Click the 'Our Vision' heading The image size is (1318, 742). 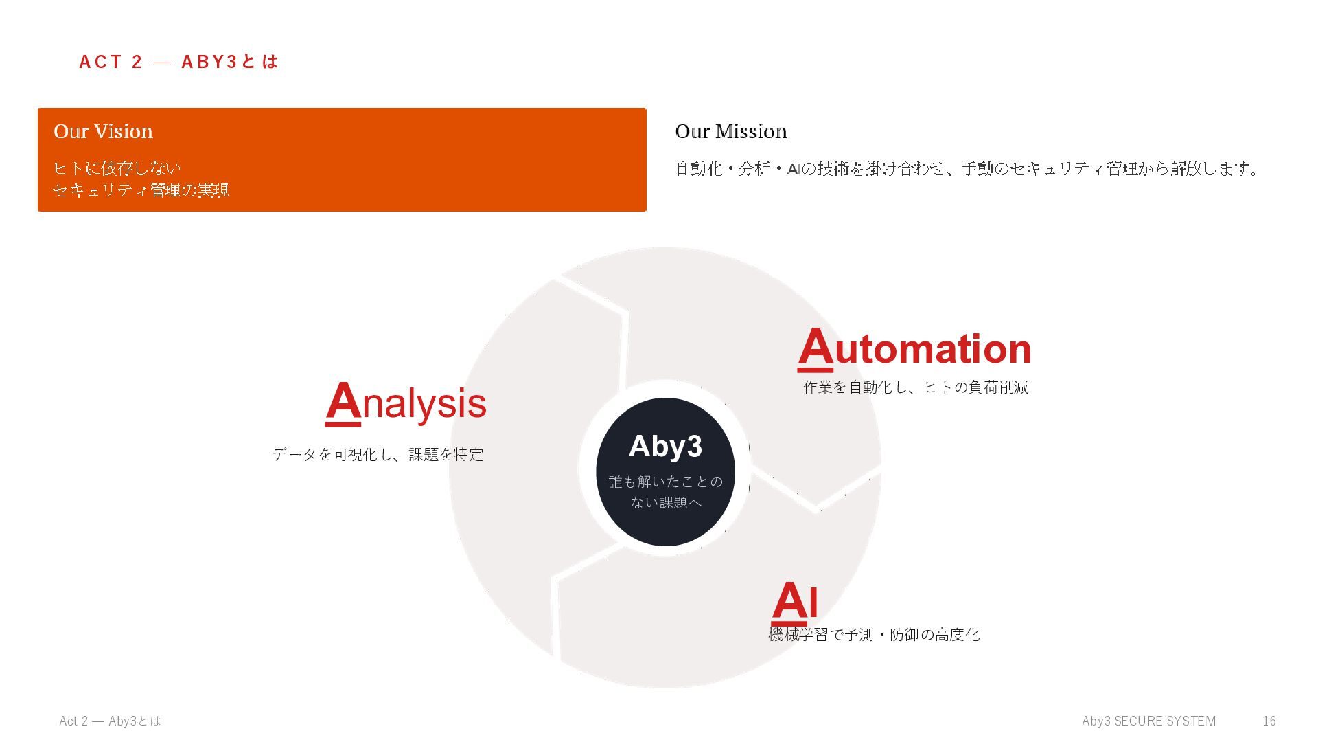click(x=103, y=131)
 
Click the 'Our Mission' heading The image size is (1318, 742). click(x=731, y=131)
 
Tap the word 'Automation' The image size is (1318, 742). click(x=914, y=348)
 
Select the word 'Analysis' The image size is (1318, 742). click(x=406, y=403)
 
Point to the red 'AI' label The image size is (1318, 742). click(x=795, y=602)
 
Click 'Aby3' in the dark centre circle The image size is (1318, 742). click(x=665, y=447)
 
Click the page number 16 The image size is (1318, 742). click(x=1269, y=721)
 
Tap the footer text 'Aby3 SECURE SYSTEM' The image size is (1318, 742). click(x=1148, y=721)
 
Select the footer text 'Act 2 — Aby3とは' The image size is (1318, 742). click(x=110, y=721)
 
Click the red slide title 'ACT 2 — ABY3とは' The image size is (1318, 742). click(x=178, y=62)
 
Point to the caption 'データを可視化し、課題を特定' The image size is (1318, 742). click(x=378, y=454)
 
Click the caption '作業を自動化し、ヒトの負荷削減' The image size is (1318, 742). click(x=916, y=387)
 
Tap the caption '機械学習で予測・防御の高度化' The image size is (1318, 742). click(x=874, y=635)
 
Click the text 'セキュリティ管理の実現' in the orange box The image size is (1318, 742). click(x=141, y=190)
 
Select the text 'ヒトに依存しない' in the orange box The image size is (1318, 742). click(x=117, y=168)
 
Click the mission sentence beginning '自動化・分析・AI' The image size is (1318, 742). click(x=967, y=168)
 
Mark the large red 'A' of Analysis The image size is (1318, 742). click(x=343, y=403)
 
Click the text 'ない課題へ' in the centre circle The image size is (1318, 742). click(x=666, y=503)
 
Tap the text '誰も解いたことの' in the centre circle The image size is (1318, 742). click(x=666, y=482)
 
